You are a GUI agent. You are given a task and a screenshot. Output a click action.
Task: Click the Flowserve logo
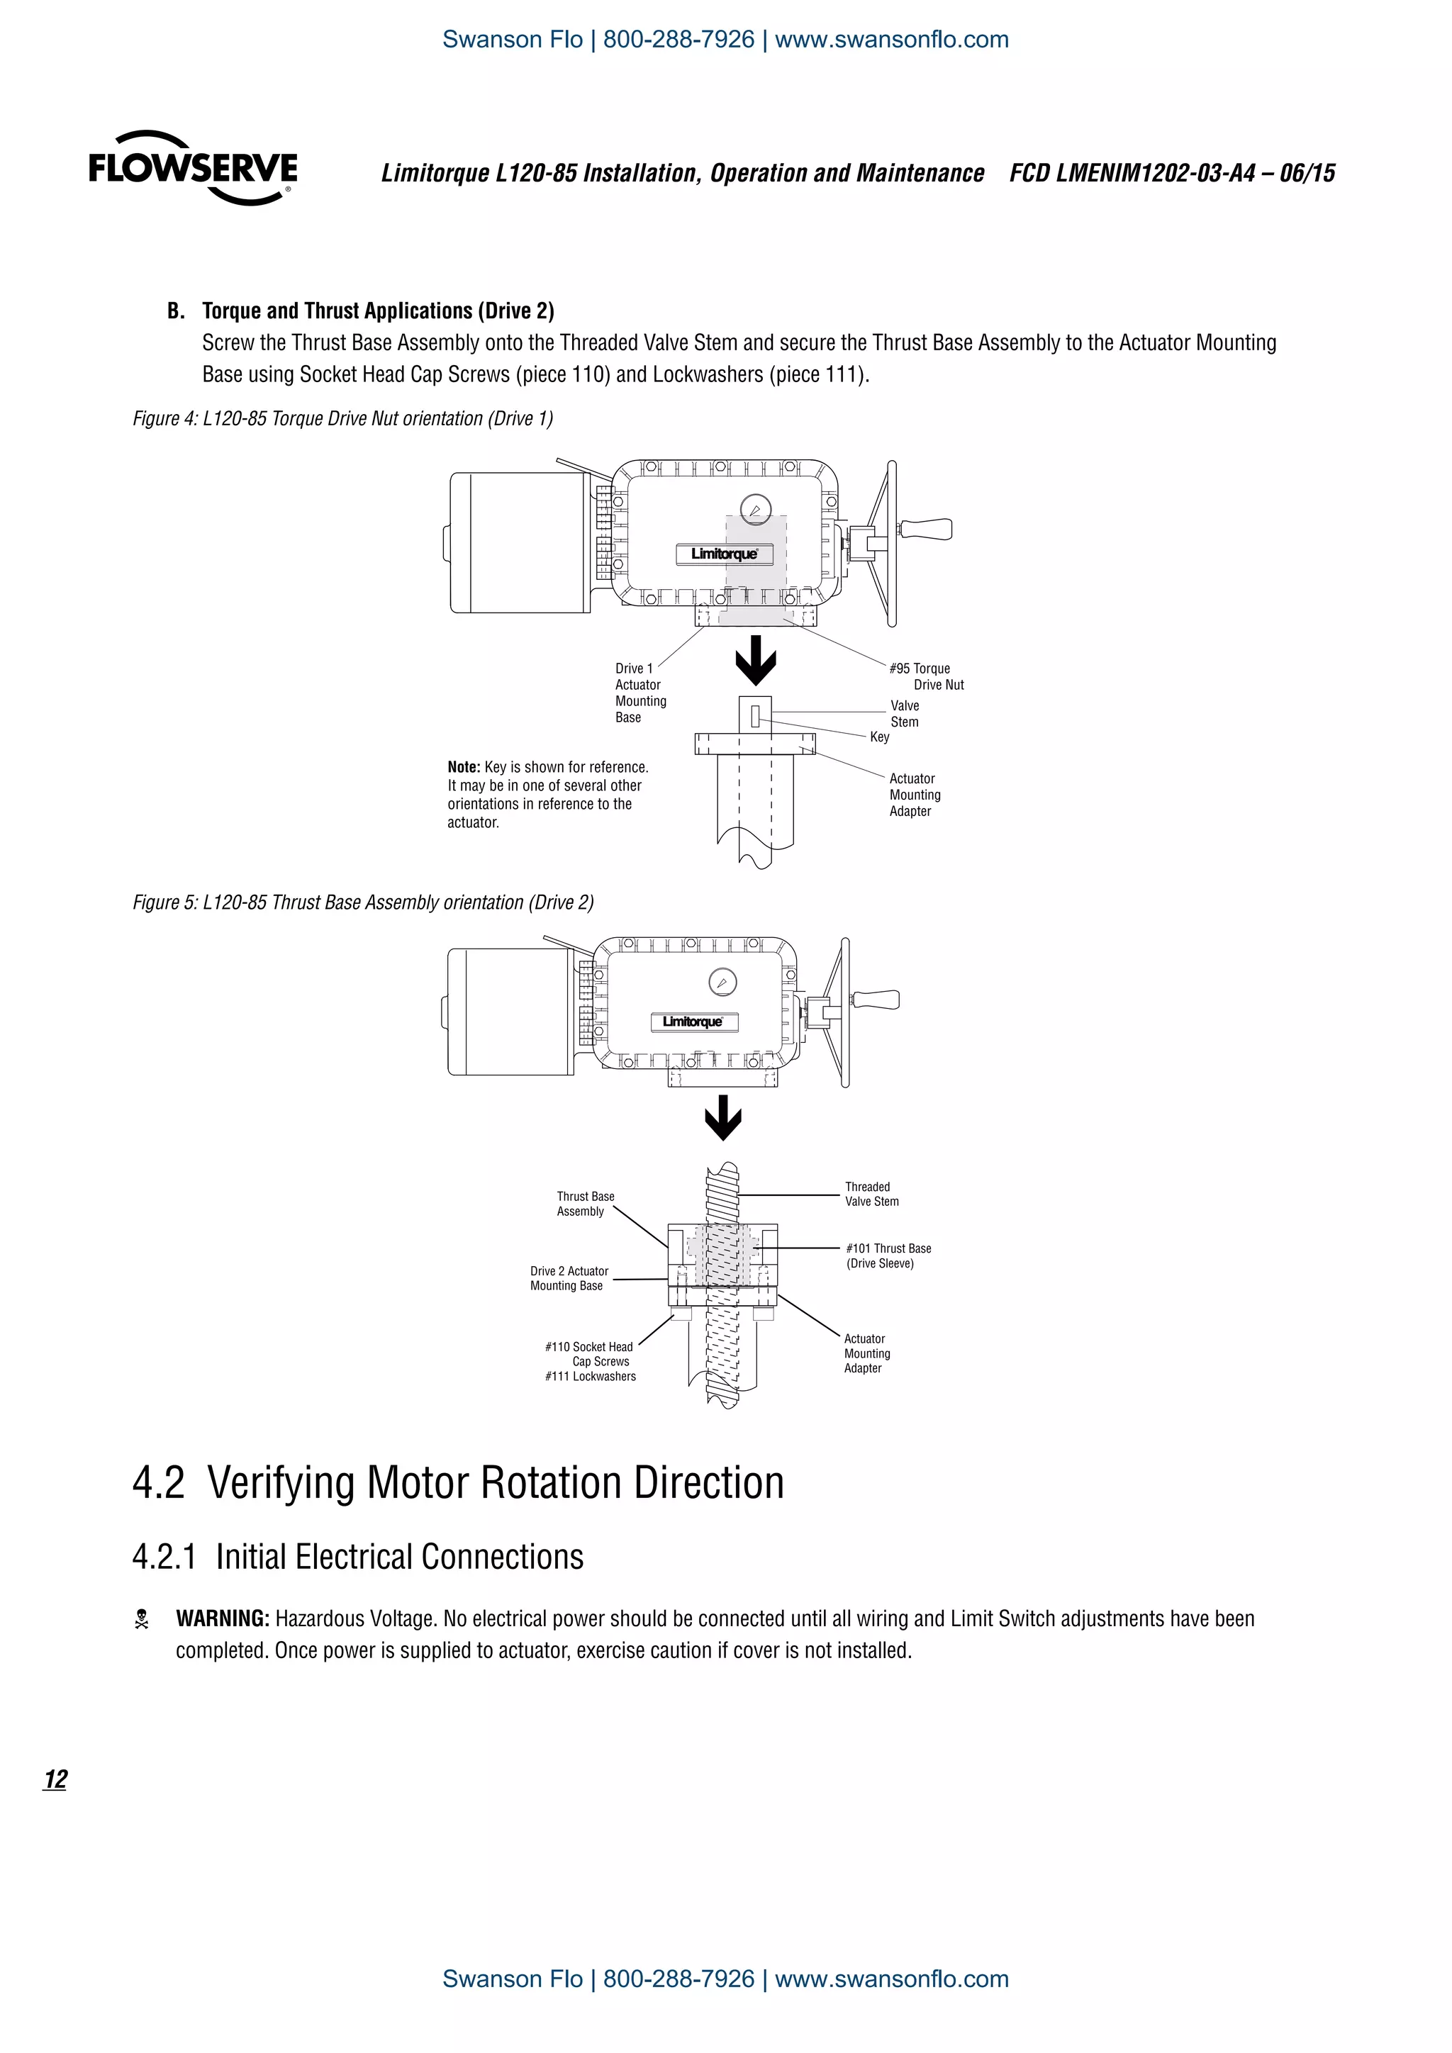point(192,168)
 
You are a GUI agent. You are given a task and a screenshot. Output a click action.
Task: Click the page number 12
point(55,1779)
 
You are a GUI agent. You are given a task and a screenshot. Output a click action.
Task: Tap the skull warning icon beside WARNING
point(141,1619)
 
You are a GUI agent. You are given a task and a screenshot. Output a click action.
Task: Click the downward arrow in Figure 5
point(723,1118)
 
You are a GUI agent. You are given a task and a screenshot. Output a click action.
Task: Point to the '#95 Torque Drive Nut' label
point(926,677)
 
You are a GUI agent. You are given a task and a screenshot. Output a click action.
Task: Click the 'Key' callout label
point(880,737)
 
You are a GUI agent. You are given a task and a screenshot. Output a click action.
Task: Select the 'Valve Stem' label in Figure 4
point(904,714)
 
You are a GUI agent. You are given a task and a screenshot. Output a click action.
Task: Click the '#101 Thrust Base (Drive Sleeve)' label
point(888,1255)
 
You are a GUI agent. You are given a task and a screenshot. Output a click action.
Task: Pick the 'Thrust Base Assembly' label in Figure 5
point(585,1204)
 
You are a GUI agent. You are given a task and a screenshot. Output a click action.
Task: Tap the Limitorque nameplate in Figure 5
point(693,1022)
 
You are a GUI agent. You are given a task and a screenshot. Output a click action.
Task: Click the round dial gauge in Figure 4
point(756,510)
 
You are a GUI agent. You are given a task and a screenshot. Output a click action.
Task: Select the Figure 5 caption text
point(363,902)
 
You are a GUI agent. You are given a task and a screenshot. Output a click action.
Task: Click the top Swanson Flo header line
point(725,39)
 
